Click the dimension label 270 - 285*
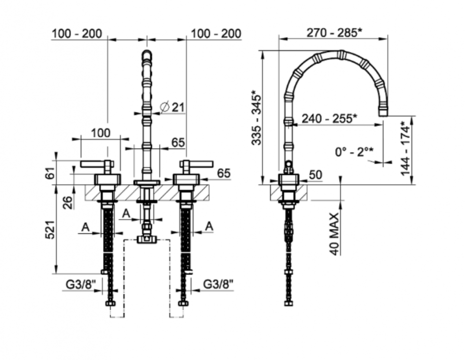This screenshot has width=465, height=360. [334, 33]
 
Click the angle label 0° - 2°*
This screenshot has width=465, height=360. [354, 153]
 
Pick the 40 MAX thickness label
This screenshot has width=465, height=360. [335, 234]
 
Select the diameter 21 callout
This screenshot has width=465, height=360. [173, 106]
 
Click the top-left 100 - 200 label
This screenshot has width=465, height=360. [77, 33]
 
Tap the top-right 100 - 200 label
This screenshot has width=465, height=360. [216, 33]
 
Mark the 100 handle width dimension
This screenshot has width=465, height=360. [100, 133]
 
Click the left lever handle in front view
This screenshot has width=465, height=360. [96, 164]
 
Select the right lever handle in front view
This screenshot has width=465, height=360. [198, 163]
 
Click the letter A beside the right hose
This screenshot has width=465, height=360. [210, 226]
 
